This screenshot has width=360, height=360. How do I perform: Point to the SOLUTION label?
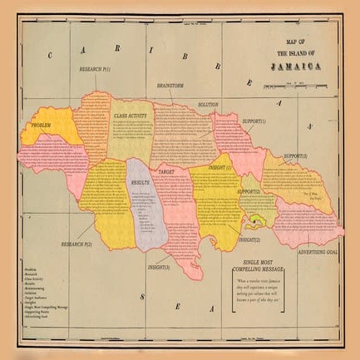[208, 105]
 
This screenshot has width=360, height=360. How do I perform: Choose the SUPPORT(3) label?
[296, 156]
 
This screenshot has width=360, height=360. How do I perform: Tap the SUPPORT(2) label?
[249, 192]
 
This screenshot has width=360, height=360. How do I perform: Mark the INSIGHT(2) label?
[249, 239]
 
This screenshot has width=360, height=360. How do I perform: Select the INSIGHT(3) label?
[159, 267]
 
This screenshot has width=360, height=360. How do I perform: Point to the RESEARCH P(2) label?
[76, 244]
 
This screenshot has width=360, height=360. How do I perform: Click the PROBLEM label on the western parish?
[43, 126]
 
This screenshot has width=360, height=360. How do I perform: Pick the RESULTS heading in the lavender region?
[140, 180]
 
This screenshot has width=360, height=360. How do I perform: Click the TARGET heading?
[166, 170]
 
